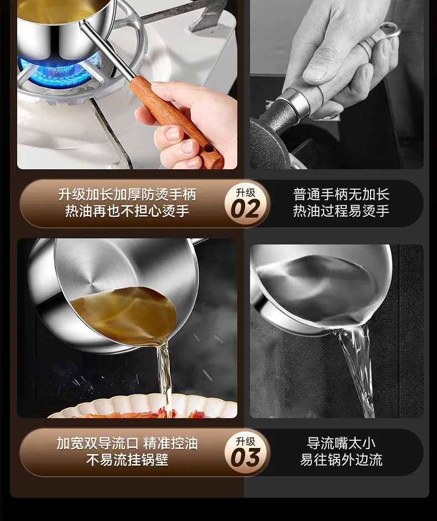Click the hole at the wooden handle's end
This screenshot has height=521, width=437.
(209, 148)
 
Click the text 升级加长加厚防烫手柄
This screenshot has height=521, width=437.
(127, 194)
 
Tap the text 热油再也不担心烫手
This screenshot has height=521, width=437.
(127, 211)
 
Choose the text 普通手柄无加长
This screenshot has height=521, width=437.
(341, 194)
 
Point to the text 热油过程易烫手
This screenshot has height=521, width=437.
(341, 211)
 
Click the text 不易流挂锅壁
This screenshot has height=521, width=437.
(127, 460)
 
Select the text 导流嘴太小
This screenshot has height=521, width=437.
(341, 443)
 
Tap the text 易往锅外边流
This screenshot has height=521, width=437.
(341, 460)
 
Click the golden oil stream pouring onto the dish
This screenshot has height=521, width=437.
(164, 376)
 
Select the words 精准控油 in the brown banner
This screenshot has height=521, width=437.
(170, 443)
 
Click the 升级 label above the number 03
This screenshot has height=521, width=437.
(246, 441)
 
